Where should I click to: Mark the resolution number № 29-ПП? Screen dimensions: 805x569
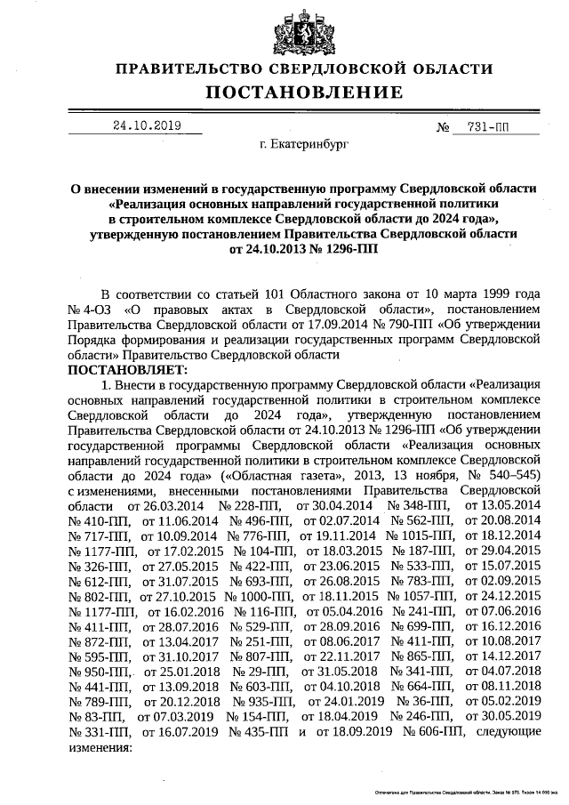[x=256, y=669]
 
